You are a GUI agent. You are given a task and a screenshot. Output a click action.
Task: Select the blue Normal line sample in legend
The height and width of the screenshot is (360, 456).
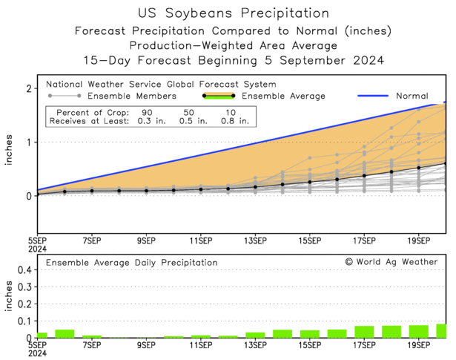pyautogui.click(x=377, y=96)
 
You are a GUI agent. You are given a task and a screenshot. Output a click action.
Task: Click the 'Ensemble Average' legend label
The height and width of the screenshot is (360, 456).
pyautogui.click(x=282, y=96)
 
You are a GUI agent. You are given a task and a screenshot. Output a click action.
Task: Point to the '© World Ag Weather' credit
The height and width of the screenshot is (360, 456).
pyautogui.click(x=391, y=261)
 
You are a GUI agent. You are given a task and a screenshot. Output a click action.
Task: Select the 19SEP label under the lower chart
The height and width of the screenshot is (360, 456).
pyautogui.click(x=418, y=345)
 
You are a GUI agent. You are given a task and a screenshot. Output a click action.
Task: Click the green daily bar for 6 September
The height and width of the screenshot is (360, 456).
pyautogui.click(x=65, y=334)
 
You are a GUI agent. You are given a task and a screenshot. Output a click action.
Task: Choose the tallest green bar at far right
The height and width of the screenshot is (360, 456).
pyautogui.click(x=442, y=331)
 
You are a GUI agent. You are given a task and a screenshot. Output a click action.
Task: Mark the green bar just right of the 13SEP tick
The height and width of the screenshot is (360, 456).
pyautogui.click(x=255, y=335)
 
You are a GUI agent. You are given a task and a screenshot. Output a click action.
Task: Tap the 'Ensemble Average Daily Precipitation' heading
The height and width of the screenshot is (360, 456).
pyautogui.click(x=131, y=262)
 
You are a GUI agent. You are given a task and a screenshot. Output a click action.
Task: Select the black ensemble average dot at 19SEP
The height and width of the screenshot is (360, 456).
pyautogui.click(x=418, y=168)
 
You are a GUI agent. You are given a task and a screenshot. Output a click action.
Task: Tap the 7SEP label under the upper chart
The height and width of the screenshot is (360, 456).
pyautogui.click(x=92, y=240)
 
